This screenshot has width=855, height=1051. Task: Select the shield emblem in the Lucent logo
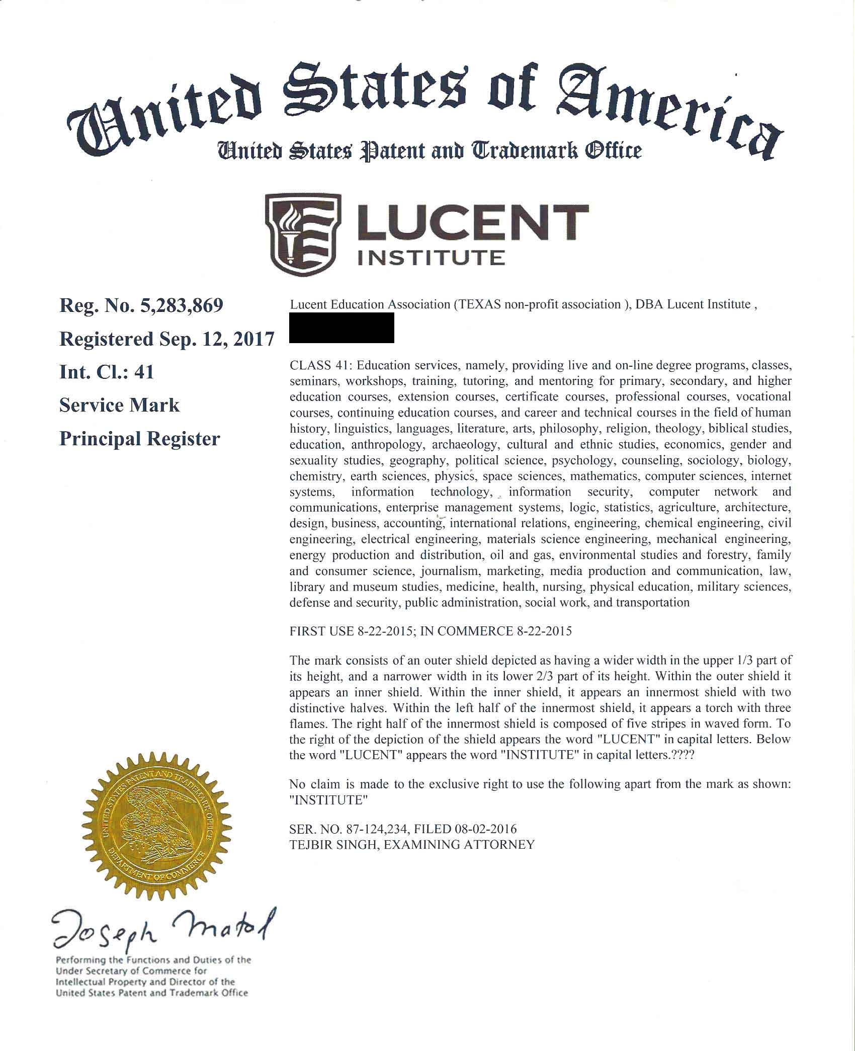point(303,234)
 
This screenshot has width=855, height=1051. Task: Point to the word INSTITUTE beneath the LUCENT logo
point(431,258)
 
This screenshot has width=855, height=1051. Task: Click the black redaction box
point(341,328)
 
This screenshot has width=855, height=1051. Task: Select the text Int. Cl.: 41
point(107,372)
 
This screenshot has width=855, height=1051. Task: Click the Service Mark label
point(119,406)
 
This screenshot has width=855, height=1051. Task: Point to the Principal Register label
point(139,439)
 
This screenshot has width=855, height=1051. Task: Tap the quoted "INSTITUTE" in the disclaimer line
point(325,800)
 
